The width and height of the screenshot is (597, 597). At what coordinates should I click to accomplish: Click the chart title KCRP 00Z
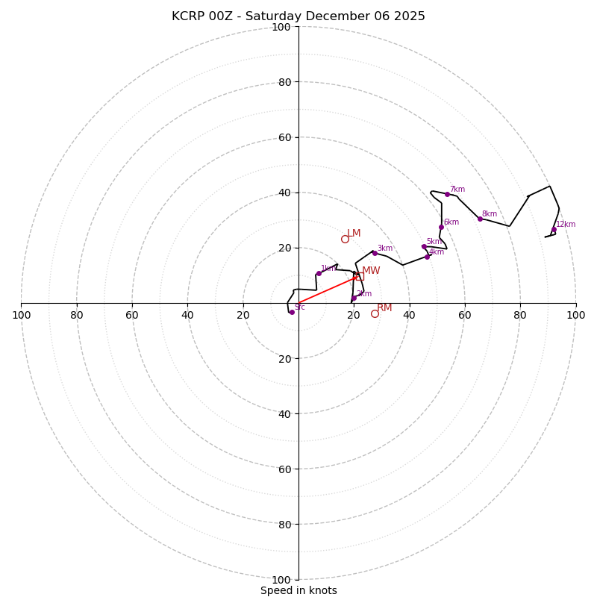[298, 16]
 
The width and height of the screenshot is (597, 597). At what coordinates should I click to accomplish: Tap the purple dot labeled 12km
[554, 230]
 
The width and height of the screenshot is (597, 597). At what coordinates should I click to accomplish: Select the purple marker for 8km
[480, 219]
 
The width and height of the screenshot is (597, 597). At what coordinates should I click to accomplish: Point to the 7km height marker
[447, 194]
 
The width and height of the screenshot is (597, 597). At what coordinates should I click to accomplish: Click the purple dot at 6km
[441, 227]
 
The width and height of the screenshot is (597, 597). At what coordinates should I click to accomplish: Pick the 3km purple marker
[375, 253]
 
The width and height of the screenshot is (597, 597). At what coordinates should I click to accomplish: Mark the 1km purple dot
[319, 273]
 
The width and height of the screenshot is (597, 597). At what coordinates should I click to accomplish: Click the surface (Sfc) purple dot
[292, 312]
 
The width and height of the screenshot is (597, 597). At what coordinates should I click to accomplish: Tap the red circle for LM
[345, 239]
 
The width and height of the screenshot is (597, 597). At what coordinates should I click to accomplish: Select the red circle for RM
[375, 313]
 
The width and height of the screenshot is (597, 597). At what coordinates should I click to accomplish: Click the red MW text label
[371, 271]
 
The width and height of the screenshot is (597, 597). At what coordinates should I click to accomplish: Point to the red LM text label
[354, 234]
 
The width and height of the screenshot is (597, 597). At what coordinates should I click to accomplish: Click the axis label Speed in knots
[298, 590]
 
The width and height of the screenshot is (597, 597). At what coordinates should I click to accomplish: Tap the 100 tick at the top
[281, 27]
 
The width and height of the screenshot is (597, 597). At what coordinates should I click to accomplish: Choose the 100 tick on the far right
[575, 315]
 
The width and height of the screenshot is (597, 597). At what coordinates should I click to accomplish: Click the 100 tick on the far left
[22, 315]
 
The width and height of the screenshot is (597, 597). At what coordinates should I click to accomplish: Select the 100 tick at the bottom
[281, 580]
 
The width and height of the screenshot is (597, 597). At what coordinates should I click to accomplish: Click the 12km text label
[566, 224]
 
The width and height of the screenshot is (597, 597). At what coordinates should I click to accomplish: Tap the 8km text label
[490, 214]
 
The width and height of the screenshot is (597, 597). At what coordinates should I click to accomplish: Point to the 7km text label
[457, 190]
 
